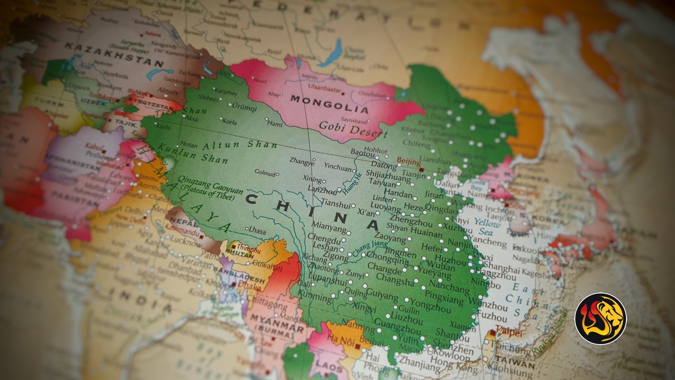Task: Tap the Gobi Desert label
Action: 353,129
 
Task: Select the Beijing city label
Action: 409,161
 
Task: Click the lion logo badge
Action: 600,318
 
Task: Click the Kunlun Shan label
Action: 193,153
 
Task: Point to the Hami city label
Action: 275,124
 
